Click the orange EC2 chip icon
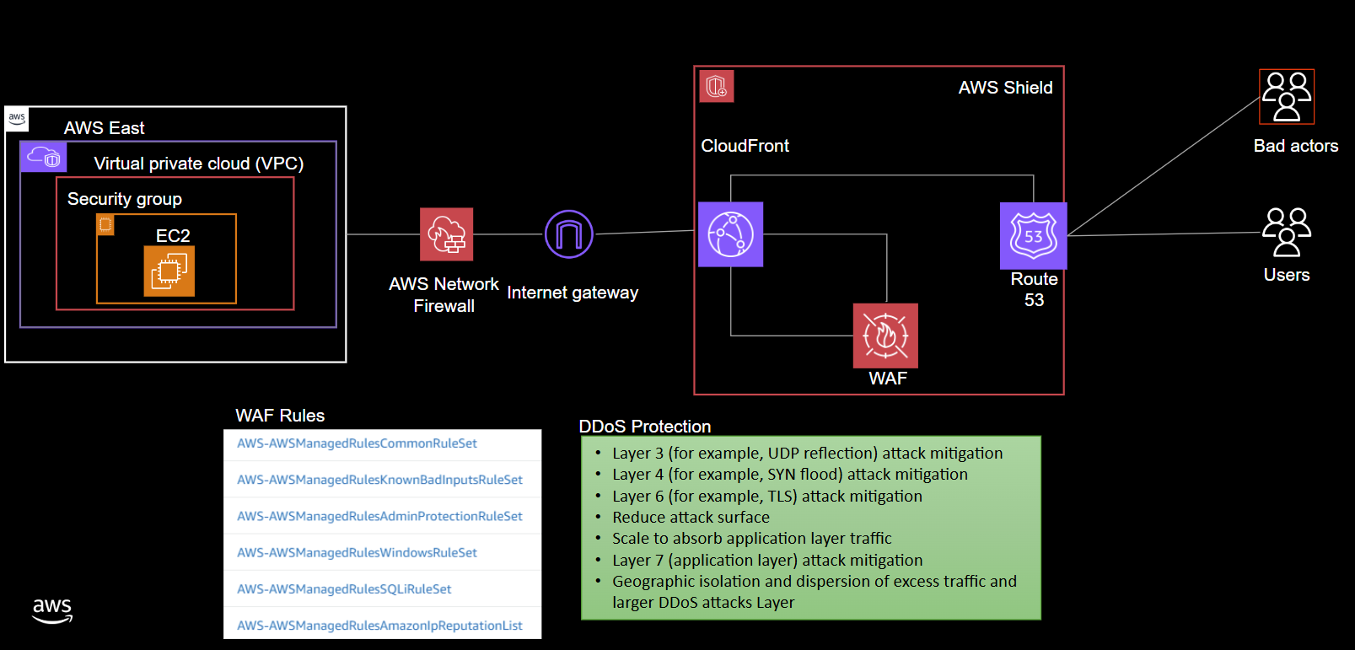tap(169, 271)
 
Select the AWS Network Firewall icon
tap(446, 234)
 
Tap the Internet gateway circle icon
tap(569, 234)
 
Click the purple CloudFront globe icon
tap(730, 234)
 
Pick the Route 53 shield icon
tap(1033, 236)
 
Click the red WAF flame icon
tap(885, 336)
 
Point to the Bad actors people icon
tap(1286, 97)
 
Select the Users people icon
tap(1286, 232)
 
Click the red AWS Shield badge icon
tap(717, 86)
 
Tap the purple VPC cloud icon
tap(43, 157)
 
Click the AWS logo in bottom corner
tap(52, 610)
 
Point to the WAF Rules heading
tap(280, 416)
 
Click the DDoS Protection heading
tap(645, 427)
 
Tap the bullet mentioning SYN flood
tap(789, 475)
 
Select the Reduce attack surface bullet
tap(691, 518)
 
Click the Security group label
tap(125, 199)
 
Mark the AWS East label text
tap(105, 128)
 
